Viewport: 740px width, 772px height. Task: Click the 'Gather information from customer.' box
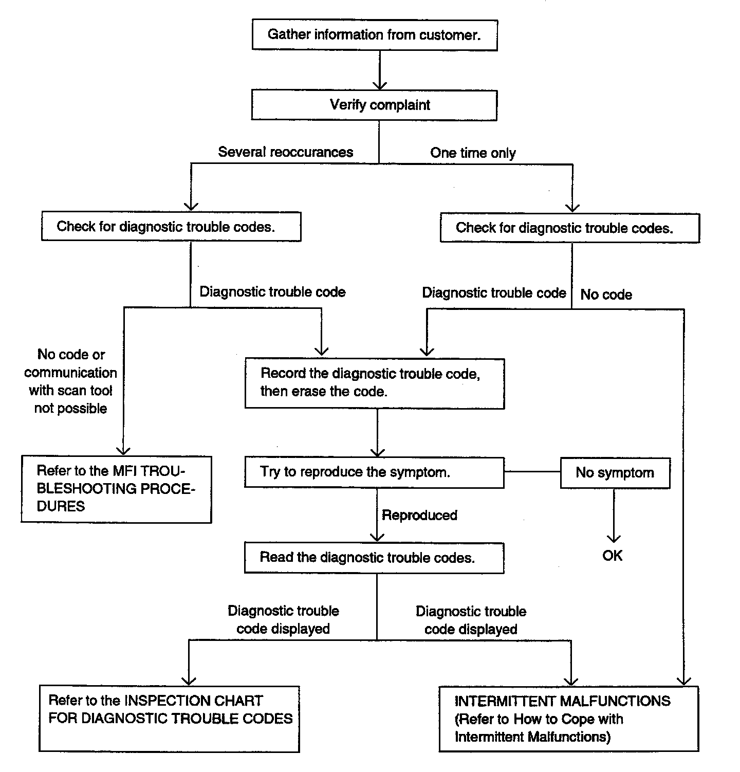click(375, 35)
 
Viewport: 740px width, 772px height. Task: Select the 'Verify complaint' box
click(374, 105)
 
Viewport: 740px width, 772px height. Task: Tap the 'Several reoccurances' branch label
click(286, 152)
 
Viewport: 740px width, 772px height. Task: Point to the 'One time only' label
click(473, 153)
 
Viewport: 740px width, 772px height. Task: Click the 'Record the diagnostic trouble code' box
click(375, 383)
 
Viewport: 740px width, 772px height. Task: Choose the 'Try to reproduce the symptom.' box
click(375, 473)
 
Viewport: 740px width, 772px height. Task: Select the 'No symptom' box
click(615, 473)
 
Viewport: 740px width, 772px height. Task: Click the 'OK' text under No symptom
click(613, 556)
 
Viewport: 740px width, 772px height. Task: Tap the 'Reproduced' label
click(419, 516)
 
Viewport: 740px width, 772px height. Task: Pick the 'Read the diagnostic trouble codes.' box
click(374, 558)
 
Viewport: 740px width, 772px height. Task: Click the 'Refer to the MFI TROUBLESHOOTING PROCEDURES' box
click(116, 489)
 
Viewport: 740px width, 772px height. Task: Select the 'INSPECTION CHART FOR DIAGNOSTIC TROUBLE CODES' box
click(169, 719)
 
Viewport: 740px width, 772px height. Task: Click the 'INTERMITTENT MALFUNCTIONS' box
click(569, 719)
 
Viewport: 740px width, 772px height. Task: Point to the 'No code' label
click(606, 295)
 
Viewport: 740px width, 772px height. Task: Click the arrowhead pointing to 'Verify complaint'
click(379, 84)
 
